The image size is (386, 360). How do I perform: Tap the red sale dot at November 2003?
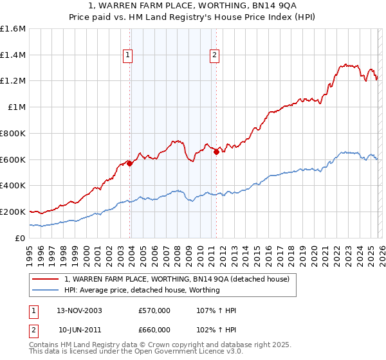[130, 163]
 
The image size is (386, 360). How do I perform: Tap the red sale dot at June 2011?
[216, 152]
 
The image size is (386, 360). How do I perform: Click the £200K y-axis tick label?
[13, 212]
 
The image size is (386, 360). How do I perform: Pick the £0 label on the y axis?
[21, 238]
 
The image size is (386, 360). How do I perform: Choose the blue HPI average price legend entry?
[142, 290]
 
